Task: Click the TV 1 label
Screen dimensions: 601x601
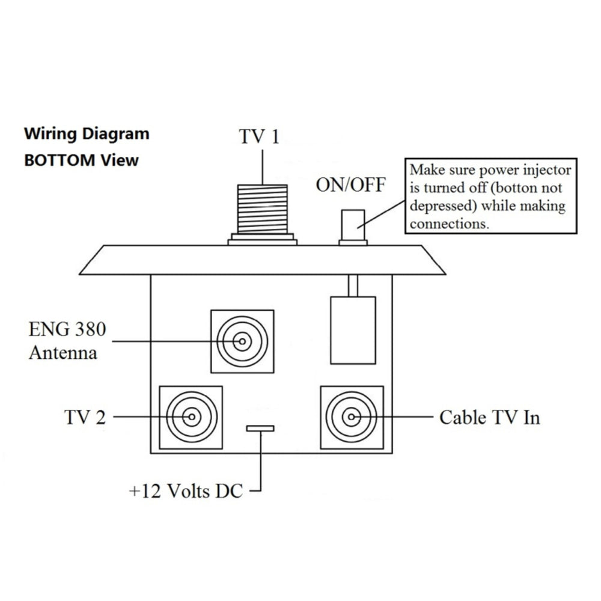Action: tap(260, 136)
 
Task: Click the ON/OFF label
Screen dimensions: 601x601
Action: tap(351, 185)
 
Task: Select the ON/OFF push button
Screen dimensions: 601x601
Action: tap(353, 225)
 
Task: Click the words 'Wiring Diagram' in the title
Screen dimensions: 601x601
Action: tap(87, 133)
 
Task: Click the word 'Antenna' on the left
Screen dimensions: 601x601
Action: tap(63, 352)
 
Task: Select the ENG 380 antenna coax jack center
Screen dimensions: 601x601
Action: tap(242, 341)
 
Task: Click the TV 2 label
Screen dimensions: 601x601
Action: tap(84, 416)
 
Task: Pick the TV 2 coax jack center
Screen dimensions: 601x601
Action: tap(191, 417)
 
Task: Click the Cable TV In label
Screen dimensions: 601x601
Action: tap(489, 416)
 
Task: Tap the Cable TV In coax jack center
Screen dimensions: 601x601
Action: tap(352, 416)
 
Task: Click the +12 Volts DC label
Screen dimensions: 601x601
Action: tap(186, 491)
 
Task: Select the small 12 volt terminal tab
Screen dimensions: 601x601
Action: tap(260, 429)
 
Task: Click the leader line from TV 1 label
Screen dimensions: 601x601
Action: tap(263, 165)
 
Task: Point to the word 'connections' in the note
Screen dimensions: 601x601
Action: tap(448, 224)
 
